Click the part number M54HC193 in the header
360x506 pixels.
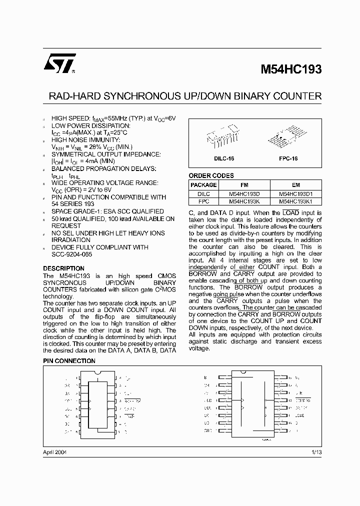291,70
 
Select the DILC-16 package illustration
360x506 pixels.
221,139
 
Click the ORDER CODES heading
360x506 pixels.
211,175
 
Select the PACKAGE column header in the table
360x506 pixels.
204,185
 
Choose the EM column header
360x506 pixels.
296,185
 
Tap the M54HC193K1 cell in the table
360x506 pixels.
296,201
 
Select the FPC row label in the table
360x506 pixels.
204,201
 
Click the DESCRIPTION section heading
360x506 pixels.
63,268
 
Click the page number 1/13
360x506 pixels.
316,451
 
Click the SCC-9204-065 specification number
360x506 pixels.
72,254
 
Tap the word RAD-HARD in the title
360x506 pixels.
69,96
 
